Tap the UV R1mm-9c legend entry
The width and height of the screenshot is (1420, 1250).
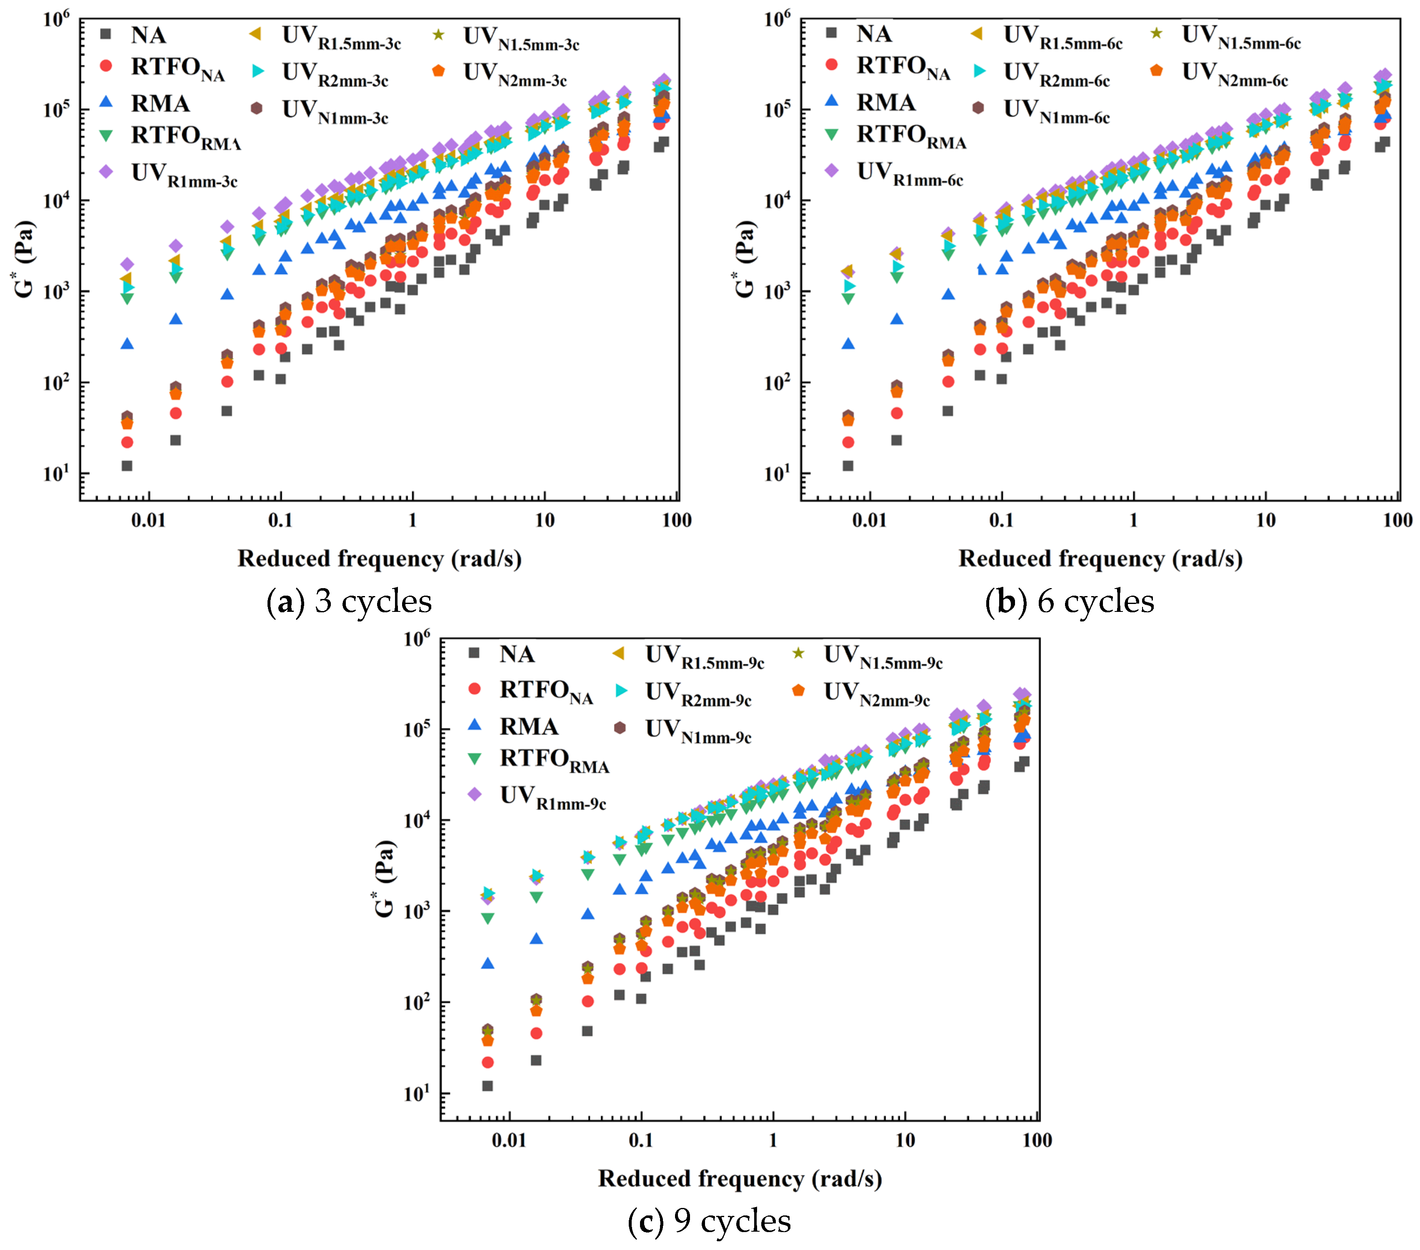click(552, 797)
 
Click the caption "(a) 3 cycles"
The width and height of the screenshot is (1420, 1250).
click(349, 601)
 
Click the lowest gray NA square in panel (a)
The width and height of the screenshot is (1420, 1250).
click(127, 466)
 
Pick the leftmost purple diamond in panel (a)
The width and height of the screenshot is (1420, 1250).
click(127, 264)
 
